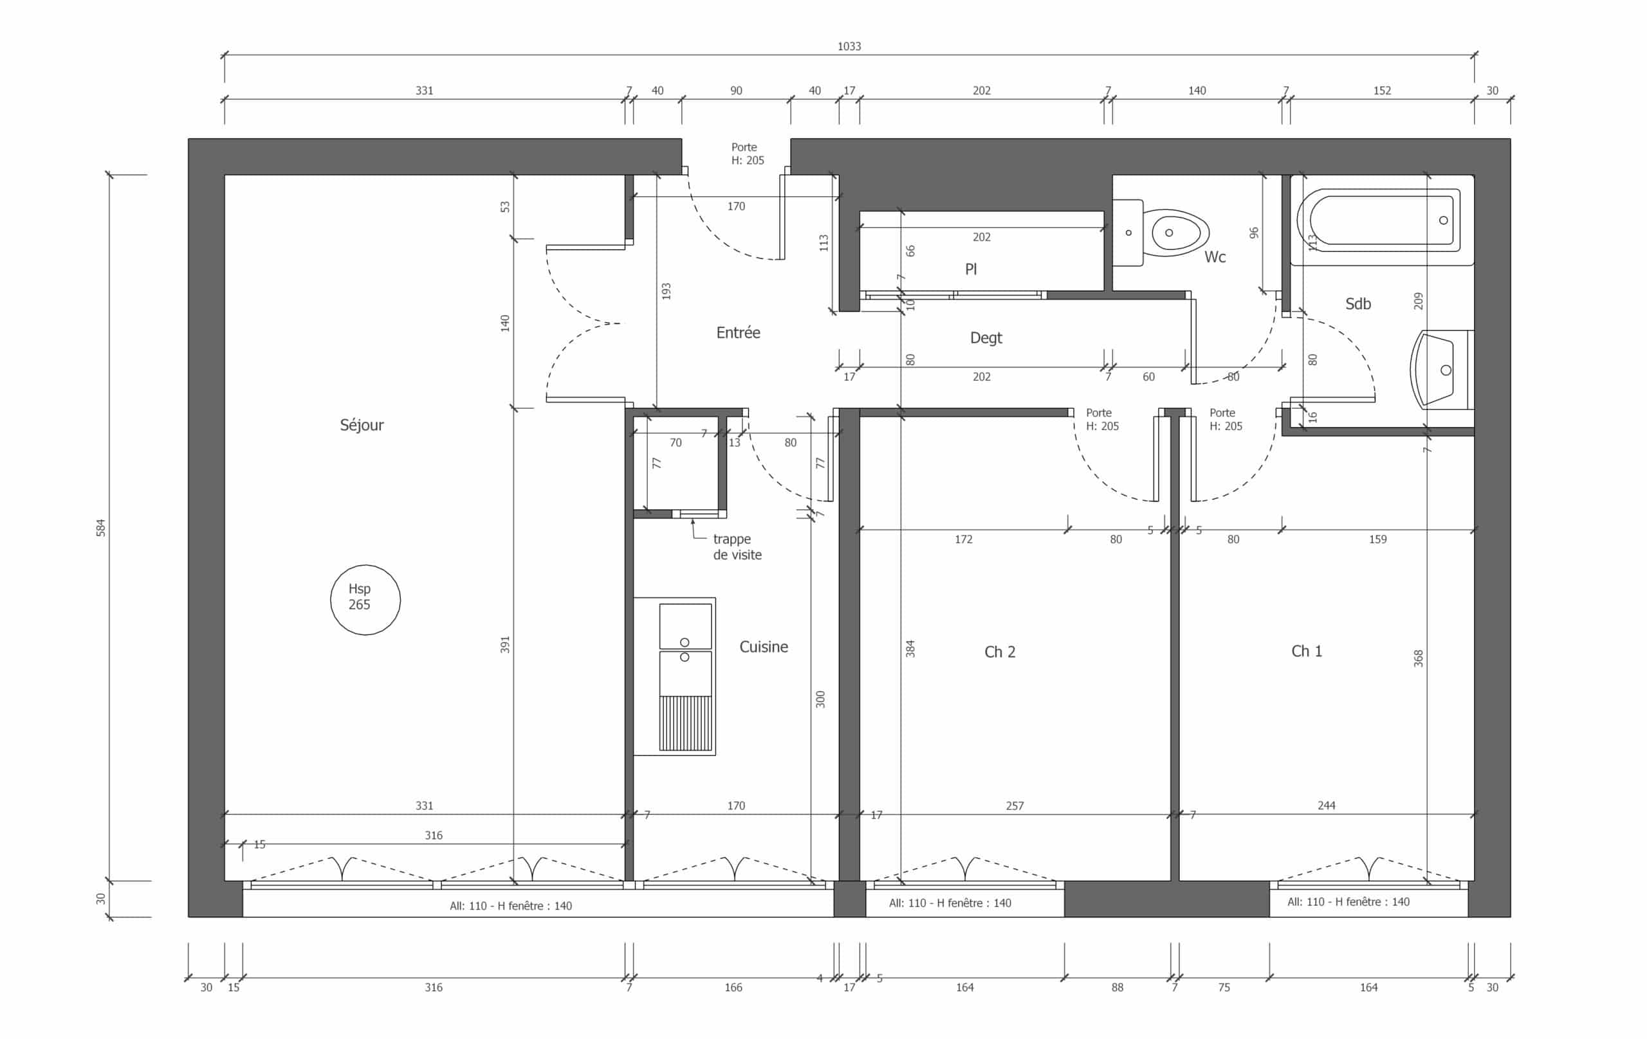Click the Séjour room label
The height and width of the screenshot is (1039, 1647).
[362, 425]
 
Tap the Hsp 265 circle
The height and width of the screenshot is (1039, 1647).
[365, 566]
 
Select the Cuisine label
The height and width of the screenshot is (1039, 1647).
[763, 647]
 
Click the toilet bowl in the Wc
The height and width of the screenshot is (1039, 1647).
[1173, 232]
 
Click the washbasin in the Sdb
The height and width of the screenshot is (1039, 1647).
[1440, 370]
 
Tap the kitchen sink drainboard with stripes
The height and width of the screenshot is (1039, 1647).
[685, 723]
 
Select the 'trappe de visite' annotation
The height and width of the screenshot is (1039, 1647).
[737, 547]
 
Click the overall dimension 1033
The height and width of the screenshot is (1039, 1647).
[849, 46]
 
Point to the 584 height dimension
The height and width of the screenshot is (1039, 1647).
[100, 528]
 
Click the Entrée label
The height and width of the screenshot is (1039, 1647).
[738, 333]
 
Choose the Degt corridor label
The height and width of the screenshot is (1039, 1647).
[986, 338]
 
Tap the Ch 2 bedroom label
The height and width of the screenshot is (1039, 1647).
[999, 652]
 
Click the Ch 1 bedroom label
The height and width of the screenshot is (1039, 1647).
[1307, 651]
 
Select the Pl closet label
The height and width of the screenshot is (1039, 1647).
[971, 269]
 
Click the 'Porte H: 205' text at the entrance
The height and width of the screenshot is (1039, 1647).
[747, 154]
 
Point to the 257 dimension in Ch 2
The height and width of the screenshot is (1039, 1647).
[1015, 806]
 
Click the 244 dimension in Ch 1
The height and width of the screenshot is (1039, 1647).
[1326, 805]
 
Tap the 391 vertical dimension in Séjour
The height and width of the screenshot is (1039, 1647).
[505, 645]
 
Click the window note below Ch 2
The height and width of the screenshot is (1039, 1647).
[950, 903]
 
